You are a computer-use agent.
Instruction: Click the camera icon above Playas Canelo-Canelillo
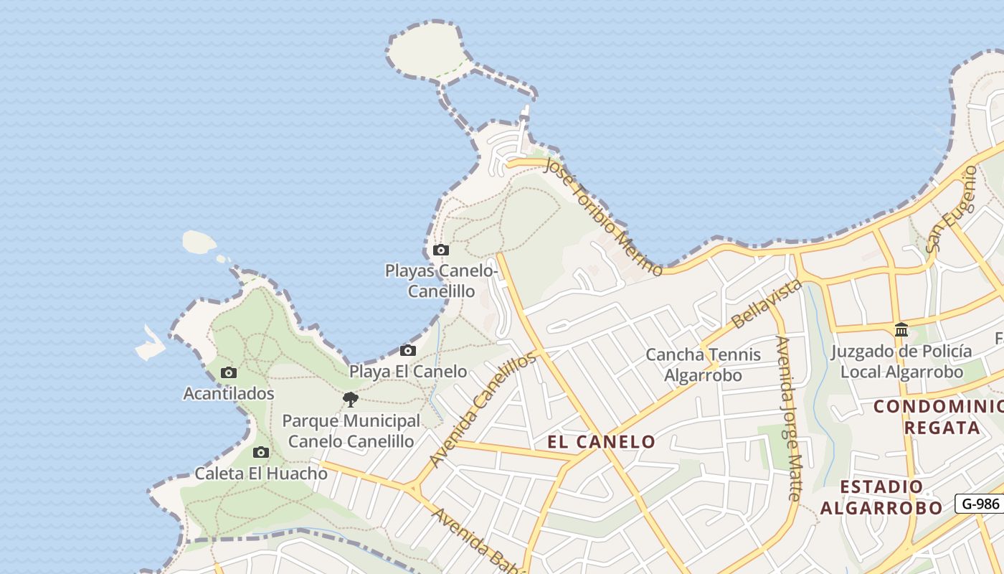[x=441, y=250]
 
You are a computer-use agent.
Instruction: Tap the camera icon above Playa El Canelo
[x=408, y=351]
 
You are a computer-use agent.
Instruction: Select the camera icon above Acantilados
[x=229, y=373]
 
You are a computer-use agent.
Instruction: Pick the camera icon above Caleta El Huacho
[x=261, y=453]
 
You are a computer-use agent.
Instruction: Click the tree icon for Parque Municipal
[x=351, y=400]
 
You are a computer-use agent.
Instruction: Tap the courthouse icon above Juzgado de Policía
[x=901, y=330]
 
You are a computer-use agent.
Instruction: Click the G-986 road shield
[x=980, y=504]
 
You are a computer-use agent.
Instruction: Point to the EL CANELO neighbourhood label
[x=601, y=442]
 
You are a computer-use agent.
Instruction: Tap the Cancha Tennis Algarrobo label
[x=703, y=364]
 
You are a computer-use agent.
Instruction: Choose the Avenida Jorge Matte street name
[x=788, y=418]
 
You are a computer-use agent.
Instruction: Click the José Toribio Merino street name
[x=603, y=216]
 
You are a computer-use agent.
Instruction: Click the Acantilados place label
[x=229, y=394]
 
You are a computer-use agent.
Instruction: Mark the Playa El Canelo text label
[x=408, y=372]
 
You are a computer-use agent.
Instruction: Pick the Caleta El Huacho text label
[x=261, y=474]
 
